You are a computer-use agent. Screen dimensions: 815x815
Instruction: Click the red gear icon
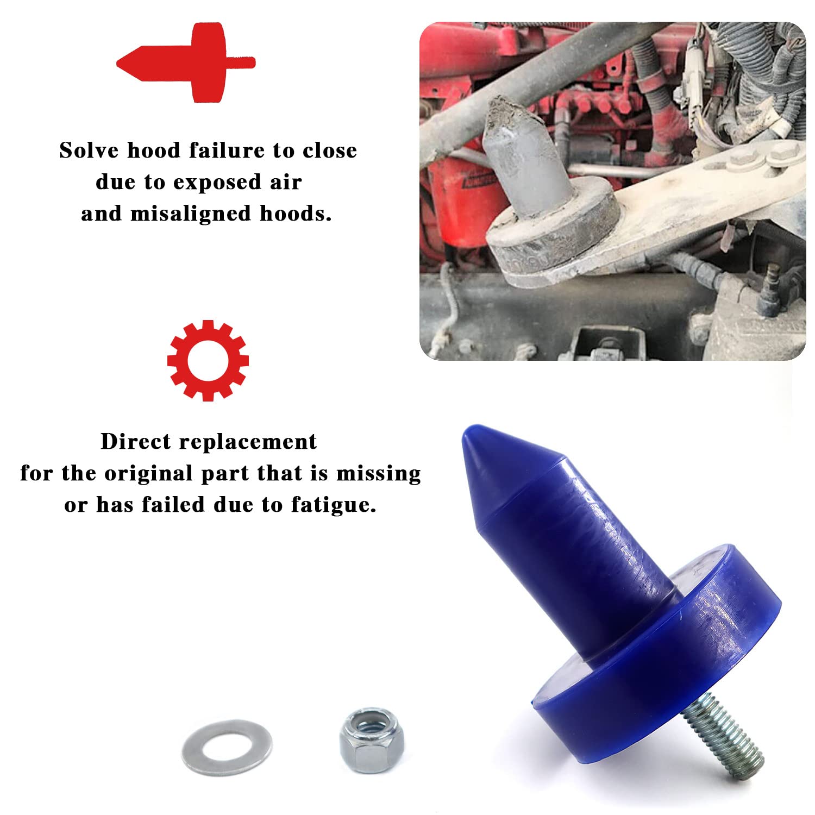pyautogui.click(x=208, y=360)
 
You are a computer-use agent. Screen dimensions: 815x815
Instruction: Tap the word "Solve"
pyautogui.click(x=89, y=151)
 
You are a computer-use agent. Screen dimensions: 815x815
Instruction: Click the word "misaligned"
pyautogui.click(x=191, y=214)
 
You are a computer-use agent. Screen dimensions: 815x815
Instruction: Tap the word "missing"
pyautogui.click(x=378, y=474)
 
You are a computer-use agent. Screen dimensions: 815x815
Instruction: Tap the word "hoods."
pyautogui.click(x=295, y=214)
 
